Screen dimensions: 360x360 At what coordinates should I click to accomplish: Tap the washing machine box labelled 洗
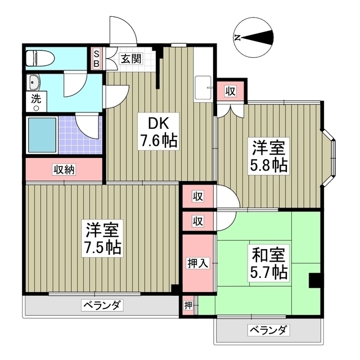(x=35, y=97)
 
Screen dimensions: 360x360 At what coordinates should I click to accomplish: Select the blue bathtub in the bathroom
(x=42, y=136)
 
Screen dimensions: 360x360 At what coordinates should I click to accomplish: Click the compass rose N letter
(x=238, y=38)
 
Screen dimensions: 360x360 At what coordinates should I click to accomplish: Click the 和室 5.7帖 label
(x=268, y=264)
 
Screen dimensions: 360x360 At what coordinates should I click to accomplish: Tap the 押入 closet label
(x=197, y=263)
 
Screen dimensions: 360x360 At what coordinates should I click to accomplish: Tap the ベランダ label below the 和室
(x=268, y=330)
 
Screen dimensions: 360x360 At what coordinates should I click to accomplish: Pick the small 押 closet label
(x=188, y=305)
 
